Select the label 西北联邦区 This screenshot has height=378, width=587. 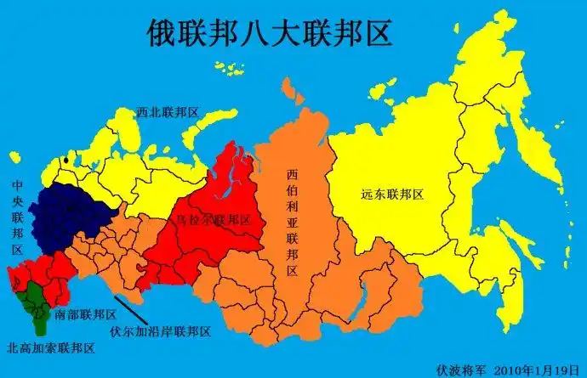coord(168,112)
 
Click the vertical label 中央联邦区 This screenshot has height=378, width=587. coord(17,217)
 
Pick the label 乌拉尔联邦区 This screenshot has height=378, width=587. coord(212,219)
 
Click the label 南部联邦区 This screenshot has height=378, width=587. coord(85,313)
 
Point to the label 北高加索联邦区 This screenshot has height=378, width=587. coord(50,348)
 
